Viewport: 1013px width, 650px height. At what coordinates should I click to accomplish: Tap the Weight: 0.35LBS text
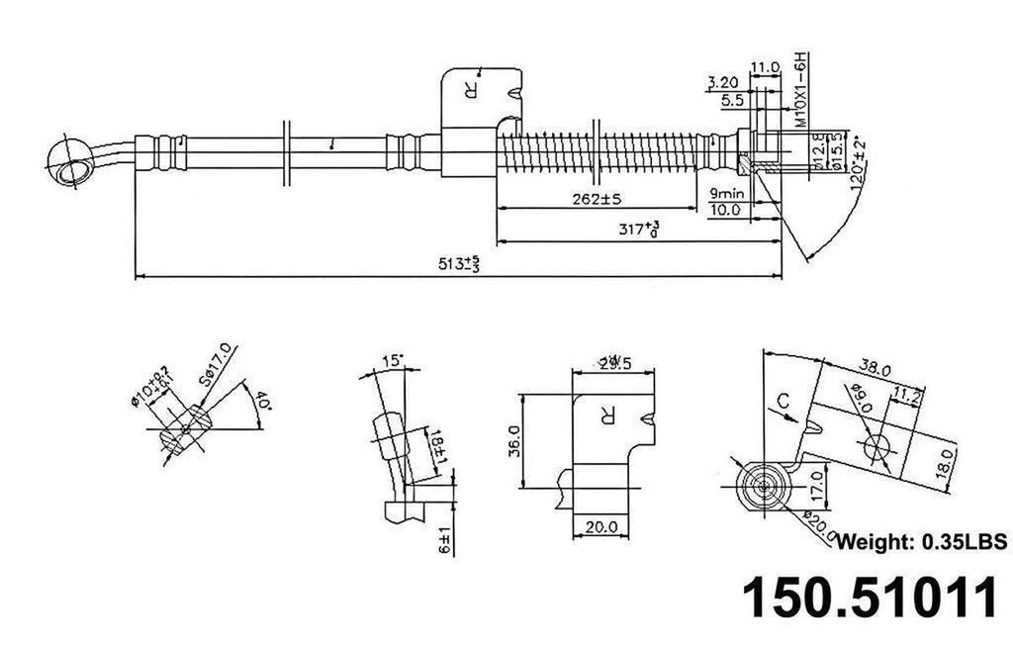pyautogui.click(x=921, y=542)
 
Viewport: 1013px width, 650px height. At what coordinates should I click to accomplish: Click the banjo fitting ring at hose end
pyautogui.click(x=69, y=162)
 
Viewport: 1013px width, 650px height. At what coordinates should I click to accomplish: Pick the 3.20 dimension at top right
pyautogui.click(x=724, y=82)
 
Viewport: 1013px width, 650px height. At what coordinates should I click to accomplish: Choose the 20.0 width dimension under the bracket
pyautogui.click(x=600, y=525)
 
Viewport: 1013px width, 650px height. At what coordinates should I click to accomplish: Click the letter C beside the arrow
pyautogui.click(x=782, y=401)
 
